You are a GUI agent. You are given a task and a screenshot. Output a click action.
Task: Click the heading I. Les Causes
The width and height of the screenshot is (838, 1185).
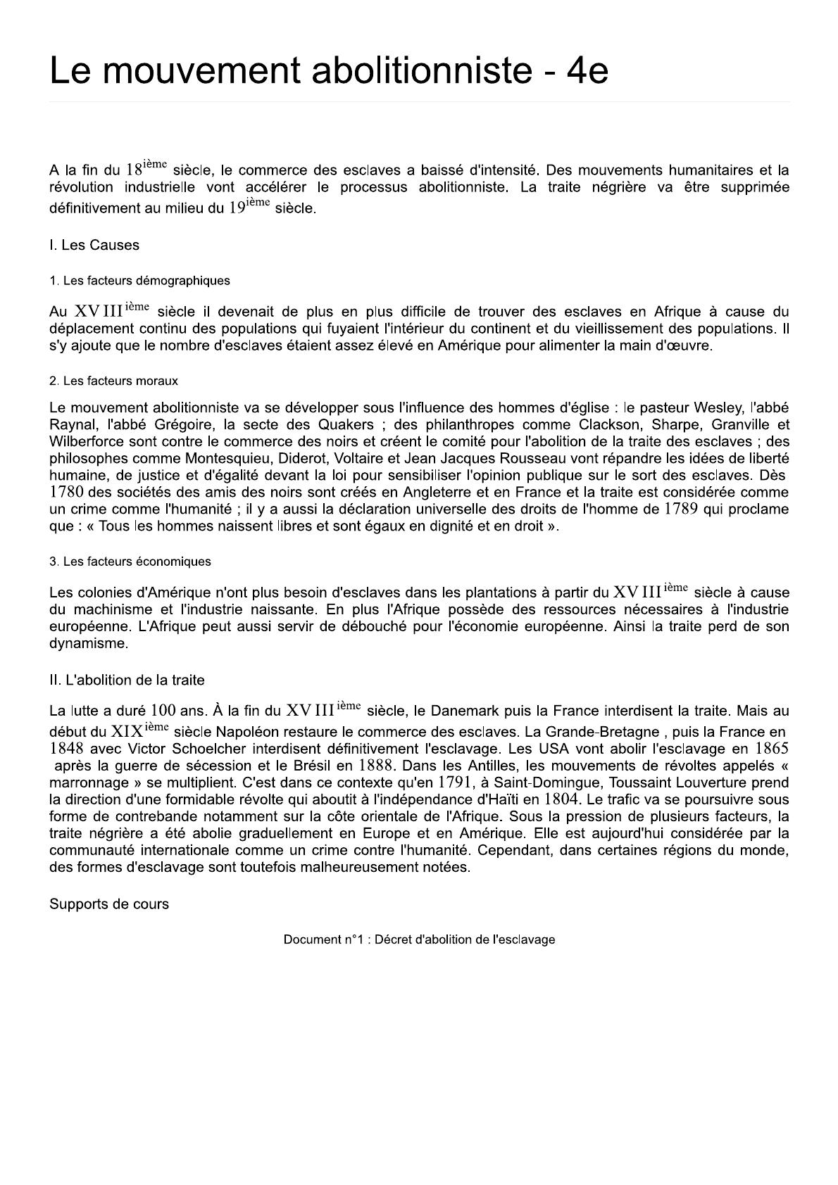(94, 246)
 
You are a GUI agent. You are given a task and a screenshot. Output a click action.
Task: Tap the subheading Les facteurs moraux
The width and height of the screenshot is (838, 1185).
(113, 381)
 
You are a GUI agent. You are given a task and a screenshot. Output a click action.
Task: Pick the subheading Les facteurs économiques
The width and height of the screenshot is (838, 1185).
(130, 562)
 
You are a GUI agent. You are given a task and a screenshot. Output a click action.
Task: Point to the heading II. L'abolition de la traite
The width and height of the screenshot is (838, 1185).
(127, 680)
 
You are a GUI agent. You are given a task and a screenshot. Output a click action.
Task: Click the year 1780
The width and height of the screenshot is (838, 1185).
(67, 492)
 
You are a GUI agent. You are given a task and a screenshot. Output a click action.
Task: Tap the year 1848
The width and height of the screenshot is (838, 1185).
(67, 749)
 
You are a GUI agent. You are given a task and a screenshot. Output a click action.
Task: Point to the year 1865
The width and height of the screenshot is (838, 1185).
(771, 749)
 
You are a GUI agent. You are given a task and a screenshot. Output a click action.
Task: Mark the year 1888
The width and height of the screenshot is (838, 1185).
(375, 766)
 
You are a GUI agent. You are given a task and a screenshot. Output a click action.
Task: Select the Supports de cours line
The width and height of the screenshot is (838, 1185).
(109, 904)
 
